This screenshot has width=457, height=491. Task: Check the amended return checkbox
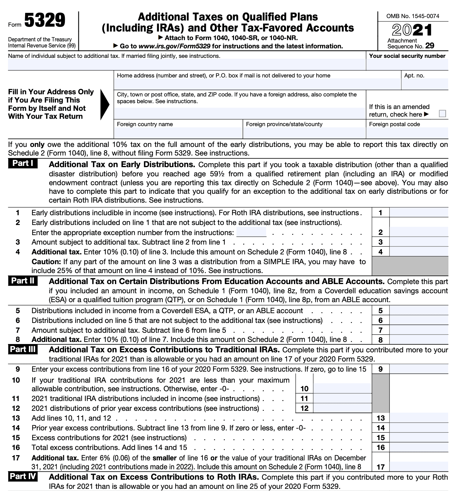pyautogui.click(x=442, y=114)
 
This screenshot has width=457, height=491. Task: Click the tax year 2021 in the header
pyautogui.click(x=412, y=31)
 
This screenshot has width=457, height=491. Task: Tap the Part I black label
pyautogui.click(x=23, y=163)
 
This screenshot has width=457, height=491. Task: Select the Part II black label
pyautogui.click(x=23, y=281)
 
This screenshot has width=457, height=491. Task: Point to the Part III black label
pyautogui.click(x=23, y=349)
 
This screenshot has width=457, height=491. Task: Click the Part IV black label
pyautogui.click(x=23, y=477)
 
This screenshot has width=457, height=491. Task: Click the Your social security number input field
pyautogui.click(x=407, y=65)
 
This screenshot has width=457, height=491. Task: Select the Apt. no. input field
pyautogui.click(x=425, y=84)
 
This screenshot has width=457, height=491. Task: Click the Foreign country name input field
pyautogui.click(x=178, y=133)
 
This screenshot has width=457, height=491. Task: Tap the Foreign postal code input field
pyautogui.click(x=407, y=133)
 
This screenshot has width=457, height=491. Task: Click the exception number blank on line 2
pyautogui.click(x=251, y=232)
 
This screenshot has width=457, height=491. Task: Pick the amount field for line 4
pyautogui.click(x=419, y=252)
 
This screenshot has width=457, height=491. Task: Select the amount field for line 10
pyautogui.click(x=342, y=388)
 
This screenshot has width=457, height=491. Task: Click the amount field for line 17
pyautogui.click(x=419, y=467)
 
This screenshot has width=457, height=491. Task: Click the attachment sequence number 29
pyautogui.click(x=429, y=46)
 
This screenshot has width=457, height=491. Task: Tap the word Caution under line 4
pyautogui.click(x=46, y=262)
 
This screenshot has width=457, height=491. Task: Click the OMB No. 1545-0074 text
pyautogui.click(x=413, y=16)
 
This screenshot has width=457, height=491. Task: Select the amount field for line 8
pyautogui.click(x=419, y=339)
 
